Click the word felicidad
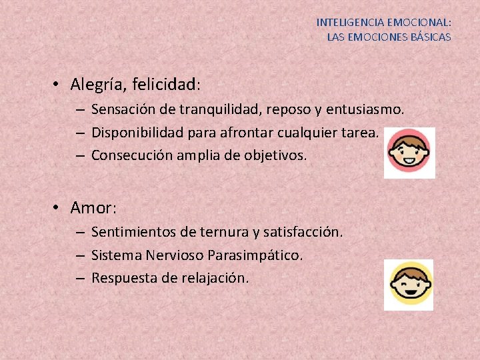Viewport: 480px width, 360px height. [165, 85]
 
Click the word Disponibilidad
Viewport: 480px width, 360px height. [137, 132]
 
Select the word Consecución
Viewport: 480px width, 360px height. [129, 155]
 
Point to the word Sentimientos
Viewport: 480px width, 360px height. [133, 232]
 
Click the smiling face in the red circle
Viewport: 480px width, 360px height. [409, 153]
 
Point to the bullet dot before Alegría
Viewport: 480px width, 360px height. [59, 85]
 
